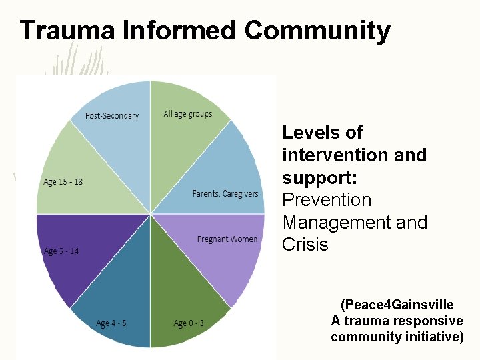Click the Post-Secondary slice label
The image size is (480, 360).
pyautogui.click(x=112, y=116)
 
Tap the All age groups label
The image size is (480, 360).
pyautogui.click(x=188, y=114)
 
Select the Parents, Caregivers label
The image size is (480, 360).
pyautogui.click(x=225, y=194)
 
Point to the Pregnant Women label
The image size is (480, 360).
pyautogui.click(x=227, y=239)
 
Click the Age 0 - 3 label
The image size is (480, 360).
pyautogui.click(x=189, y=323)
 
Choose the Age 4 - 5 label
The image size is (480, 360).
pyautogui.click(x=111, y=323)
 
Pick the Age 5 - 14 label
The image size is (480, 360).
pyautogui.click(x=61, y=251)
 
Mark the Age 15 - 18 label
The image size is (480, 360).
pyautogui.click(x=63, y=182)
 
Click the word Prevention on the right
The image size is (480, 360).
pyautogui.click(x=327, y=200)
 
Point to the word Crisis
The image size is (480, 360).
pyautogui.click(x=305, y=245)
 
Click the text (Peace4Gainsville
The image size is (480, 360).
pyautogui.click(x=397, y=305)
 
